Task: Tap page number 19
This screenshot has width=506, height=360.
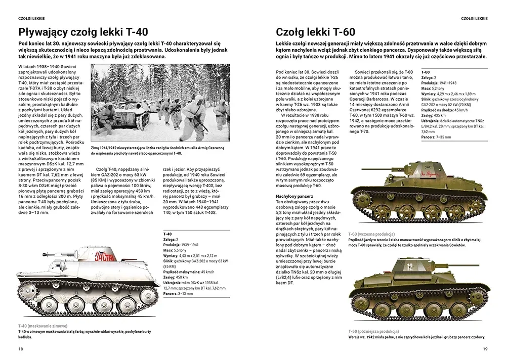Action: [485, 348]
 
